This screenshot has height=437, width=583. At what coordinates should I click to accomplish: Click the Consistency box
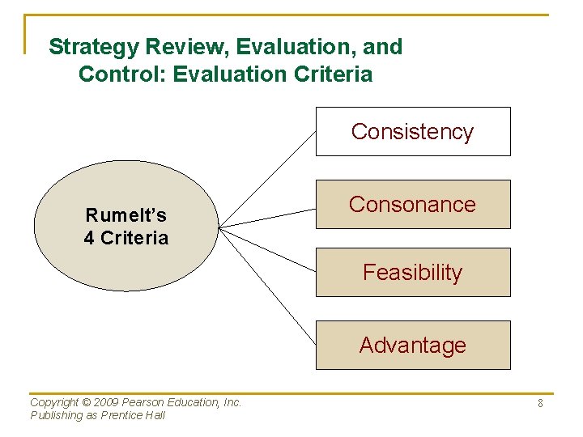coord(413,131)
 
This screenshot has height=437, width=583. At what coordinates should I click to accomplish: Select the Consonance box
coord(413,204)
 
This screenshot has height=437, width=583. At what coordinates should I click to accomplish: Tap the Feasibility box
coord(413,272)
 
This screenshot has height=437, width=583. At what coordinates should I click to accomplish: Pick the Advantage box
coord(413,345)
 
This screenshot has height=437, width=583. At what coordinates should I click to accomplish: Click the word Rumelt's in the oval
coord(126,215)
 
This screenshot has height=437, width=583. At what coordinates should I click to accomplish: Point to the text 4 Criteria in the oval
coord(126,238)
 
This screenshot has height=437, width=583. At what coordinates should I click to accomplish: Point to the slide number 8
coord(540,403)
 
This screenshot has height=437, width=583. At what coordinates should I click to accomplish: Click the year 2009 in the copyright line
coord(105,402)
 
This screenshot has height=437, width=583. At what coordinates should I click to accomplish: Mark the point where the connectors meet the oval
coord(219,227)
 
